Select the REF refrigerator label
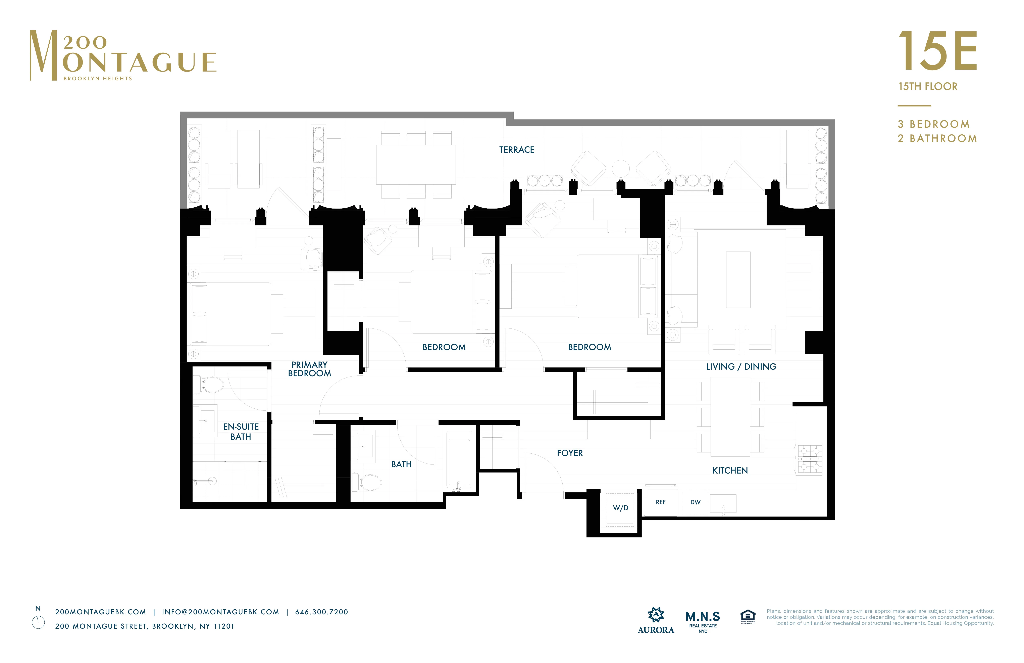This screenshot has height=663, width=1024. point(660,502)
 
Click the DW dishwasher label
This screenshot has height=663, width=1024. point(695,502)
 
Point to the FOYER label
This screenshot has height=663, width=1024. point(570,453)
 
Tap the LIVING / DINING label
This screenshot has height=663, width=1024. point(741,367)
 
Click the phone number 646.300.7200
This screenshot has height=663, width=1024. point(321,612)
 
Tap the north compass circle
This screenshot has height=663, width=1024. point(38,623)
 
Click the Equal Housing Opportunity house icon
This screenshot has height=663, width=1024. point(748,617)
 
